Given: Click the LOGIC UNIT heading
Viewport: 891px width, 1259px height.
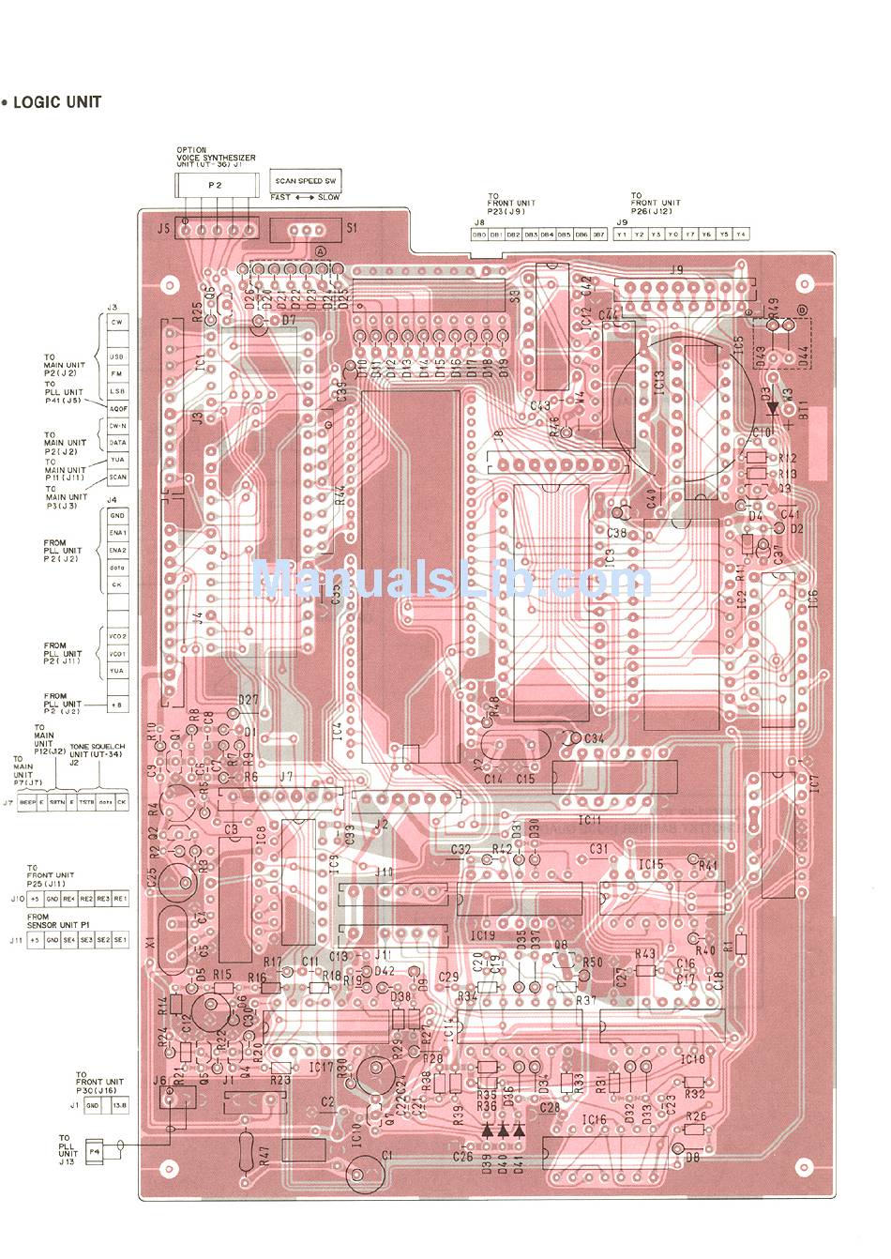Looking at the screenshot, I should point(56,102).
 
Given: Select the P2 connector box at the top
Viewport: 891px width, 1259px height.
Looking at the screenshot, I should point(216,186).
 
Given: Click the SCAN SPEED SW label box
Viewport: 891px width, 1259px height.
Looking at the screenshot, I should point(305,180).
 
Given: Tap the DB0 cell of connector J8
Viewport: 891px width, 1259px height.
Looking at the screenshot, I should point(478,234).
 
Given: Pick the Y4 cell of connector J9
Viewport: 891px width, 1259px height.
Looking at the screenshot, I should point(741,234).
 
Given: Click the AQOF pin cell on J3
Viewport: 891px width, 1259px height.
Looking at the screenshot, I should point(117,409).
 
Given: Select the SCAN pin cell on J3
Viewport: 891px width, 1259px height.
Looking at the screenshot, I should point(117,478).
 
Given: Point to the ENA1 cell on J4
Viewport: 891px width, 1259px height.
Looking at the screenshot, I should point(117,533).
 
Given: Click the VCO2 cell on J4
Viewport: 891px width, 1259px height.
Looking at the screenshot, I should point(117,636).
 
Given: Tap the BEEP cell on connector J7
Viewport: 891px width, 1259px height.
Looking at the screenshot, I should point(27,803).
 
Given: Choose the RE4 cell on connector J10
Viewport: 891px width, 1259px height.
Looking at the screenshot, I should point(69,899).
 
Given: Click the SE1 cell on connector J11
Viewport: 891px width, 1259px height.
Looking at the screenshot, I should point(120,939).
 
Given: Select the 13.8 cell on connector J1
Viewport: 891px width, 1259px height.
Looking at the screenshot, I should point(119,1106).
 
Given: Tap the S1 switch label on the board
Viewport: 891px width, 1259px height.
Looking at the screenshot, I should point(351,227).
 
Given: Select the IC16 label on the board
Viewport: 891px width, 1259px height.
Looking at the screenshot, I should point(594,1119).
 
